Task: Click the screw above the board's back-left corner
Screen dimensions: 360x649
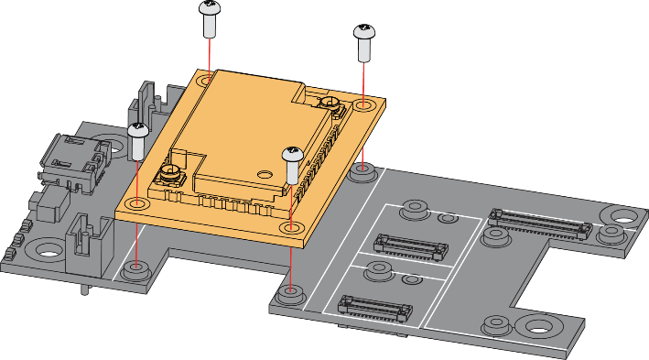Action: point(210,17)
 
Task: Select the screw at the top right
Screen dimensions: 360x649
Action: point(364,41)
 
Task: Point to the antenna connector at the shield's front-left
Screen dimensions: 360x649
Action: point(170,175)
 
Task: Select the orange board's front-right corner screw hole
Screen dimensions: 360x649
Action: point(291,226)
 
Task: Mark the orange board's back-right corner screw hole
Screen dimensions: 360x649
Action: point(365,106)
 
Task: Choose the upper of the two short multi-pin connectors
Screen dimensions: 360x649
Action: point(411,245)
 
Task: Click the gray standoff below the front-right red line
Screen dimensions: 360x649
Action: point(290,294)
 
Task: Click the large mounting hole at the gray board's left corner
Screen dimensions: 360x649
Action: point(43,250)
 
